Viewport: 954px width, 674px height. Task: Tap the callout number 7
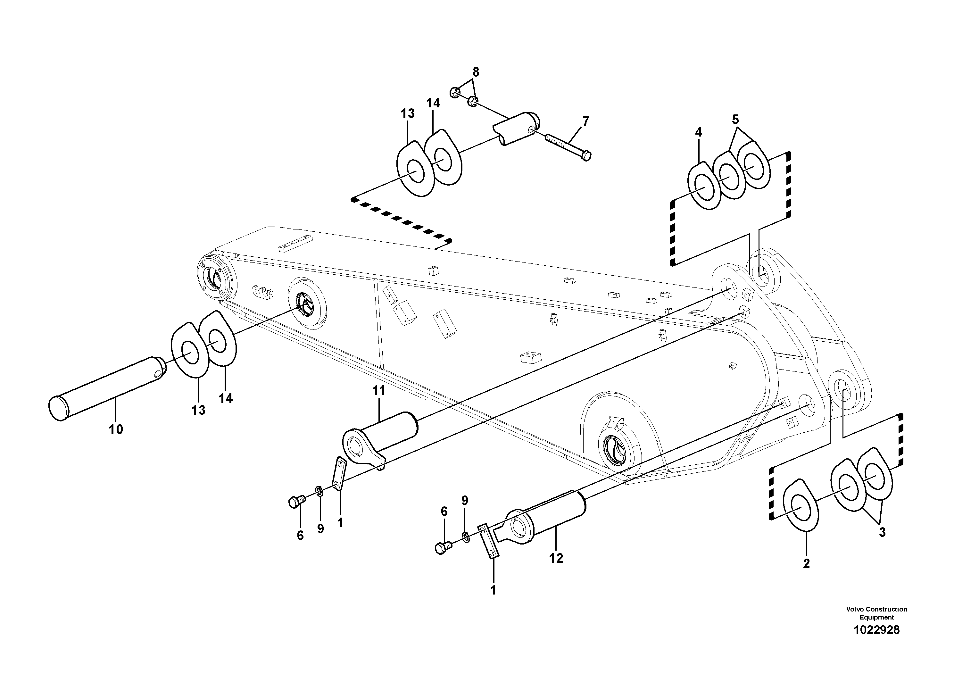586,121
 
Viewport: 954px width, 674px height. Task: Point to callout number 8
476,72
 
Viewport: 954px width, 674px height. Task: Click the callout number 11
379,391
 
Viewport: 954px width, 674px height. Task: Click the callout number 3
882,532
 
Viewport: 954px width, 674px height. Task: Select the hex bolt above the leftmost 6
296,502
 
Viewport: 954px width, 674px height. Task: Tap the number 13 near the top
408,113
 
